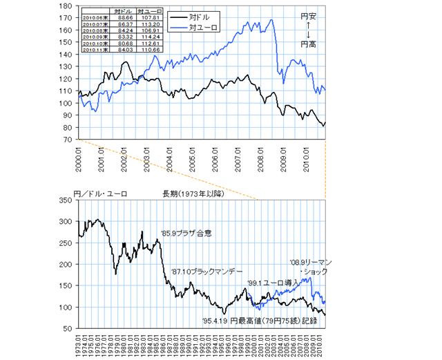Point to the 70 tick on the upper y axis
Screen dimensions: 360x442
click(x=68, y=140)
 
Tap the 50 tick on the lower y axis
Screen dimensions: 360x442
click(x=68, y=328)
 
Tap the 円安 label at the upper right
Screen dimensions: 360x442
click(x=305, y=16)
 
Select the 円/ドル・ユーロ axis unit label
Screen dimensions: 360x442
click(x=99, y=193)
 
